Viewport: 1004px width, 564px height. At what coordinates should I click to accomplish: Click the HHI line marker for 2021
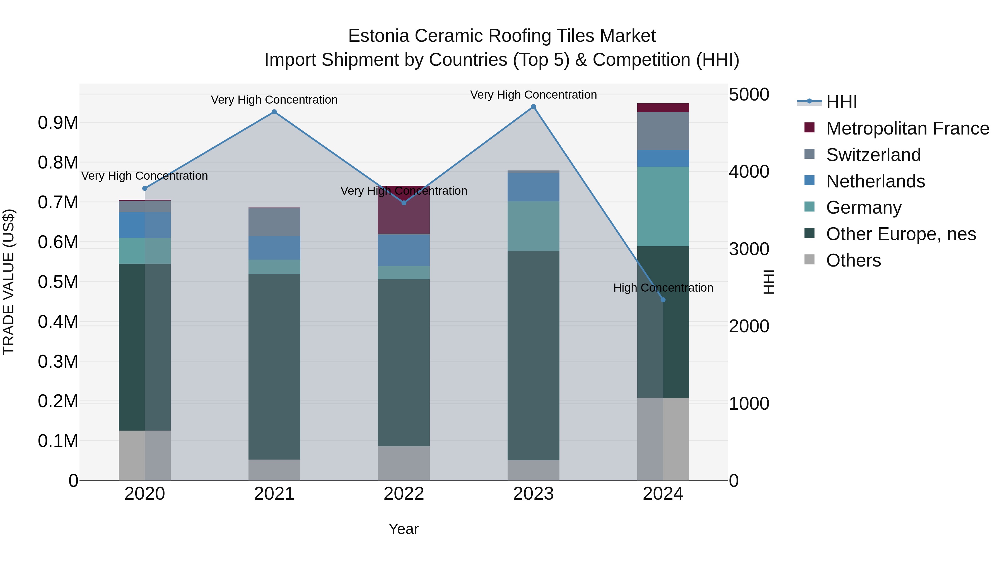click(x=274, y=112)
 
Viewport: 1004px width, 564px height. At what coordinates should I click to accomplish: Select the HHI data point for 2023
click(x=534, y=107)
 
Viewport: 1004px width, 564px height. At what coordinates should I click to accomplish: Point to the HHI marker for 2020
click(x=145, y=188)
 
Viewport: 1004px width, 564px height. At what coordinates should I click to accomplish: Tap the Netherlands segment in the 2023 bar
click(x=534, y=187)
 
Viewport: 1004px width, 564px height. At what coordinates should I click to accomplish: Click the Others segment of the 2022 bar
click(x=404, y=463)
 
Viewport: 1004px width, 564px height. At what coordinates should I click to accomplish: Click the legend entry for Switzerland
click(x=873, y=155)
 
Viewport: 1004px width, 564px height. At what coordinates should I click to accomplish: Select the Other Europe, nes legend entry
click(x=900, y=234)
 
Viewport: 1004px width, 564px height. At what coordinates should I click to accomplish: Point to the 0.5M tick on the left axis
click(x=58, y=282)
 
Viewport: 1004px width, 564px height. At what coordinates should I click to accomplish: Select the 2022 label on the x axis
click(x=404, y=494)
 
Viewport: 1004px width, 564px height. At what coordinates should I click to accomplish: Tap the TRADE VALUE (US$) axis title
click(x=9, y=282)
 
